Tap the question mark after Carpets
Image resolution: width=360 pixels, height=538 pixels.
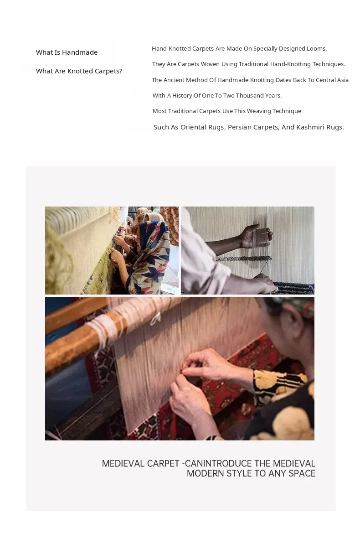[x=120, y=71]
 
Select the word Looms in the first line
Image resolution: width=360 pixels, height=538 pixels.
[x=316, y=49]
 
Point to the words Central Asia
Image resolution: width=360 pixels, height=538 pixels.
[x=332, y=80]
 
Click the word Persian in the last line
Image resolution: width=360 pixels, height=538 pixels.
[x=239, y=127]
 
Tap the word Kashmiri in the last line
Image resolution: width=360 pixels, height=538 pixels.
[x=310, y=127]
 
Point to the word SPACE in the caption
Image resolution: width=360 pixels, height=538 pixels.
[x=302, y=474]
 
